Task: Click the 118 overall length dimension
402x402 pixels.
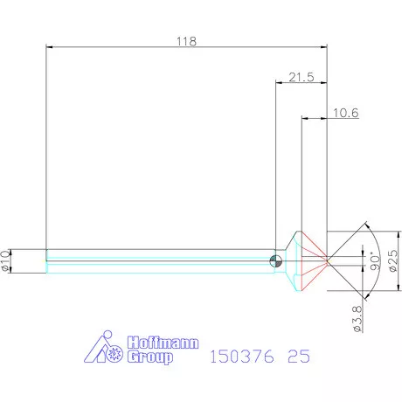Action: [186, 41]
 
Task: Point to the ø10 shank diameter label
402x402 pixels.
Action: [8, 260]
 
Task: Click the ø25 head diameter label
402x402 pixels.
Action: [392, 260]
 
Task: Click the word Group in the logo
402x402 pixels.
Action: [149, 358]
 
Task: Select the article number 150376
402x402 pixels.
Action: [239, 357]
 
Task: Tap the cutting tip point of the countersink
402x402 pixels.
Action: [328, 260]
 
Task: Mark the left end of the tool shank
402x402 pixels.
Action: [46, 260]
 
